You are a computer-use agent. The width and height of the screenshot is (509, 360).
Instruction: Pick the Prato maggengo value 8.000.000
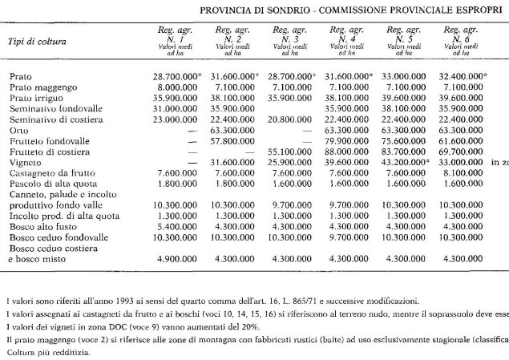click(177, 85)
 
